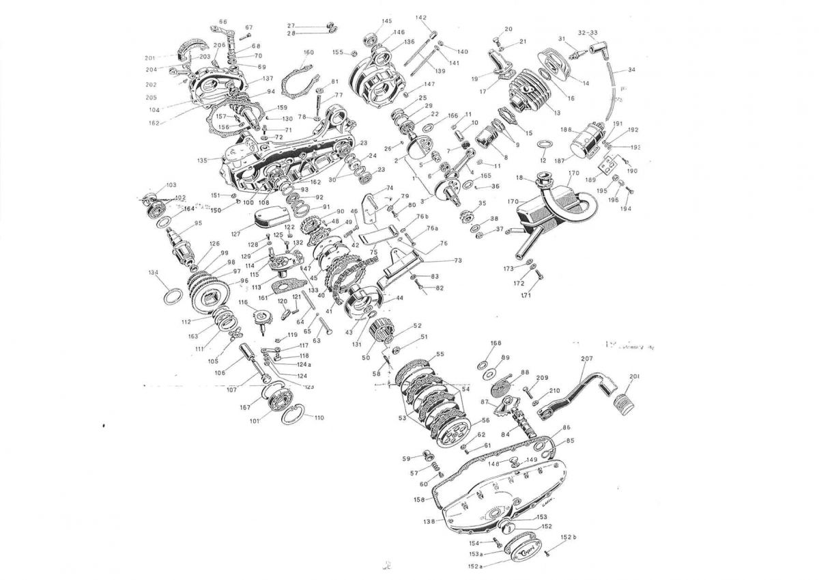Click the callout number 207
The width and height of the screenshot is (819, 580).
pos(586,358)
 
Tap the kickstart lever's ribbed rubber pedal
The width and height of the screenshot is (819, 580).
pos(625,402)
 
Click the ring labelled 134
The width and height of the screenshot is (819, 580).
pos(173,298)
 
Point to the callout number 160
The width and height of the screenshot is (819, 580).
pos(308,53)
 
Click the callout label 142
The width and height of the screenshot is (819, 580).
pos(420,18)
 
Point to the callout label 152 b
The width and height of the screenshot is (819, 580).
pos(569,538)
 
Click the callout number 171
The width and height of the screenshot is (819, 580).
pos(526,295)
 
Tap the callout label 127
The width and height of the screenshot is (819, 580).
pos(235,234)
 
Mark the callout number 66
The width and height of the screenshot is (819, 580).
pos(223,22)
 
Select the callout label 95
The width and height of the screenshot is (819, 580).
pos(198,223)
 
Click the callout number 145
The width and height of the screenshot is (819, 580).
pos(387,21)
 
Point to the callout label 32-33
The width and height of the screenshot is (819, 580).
pos(587,33)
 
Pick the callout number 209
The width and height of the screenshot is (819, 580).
pos(542,378)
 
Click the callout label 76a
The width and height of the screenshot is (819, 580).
pos(432,229)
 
